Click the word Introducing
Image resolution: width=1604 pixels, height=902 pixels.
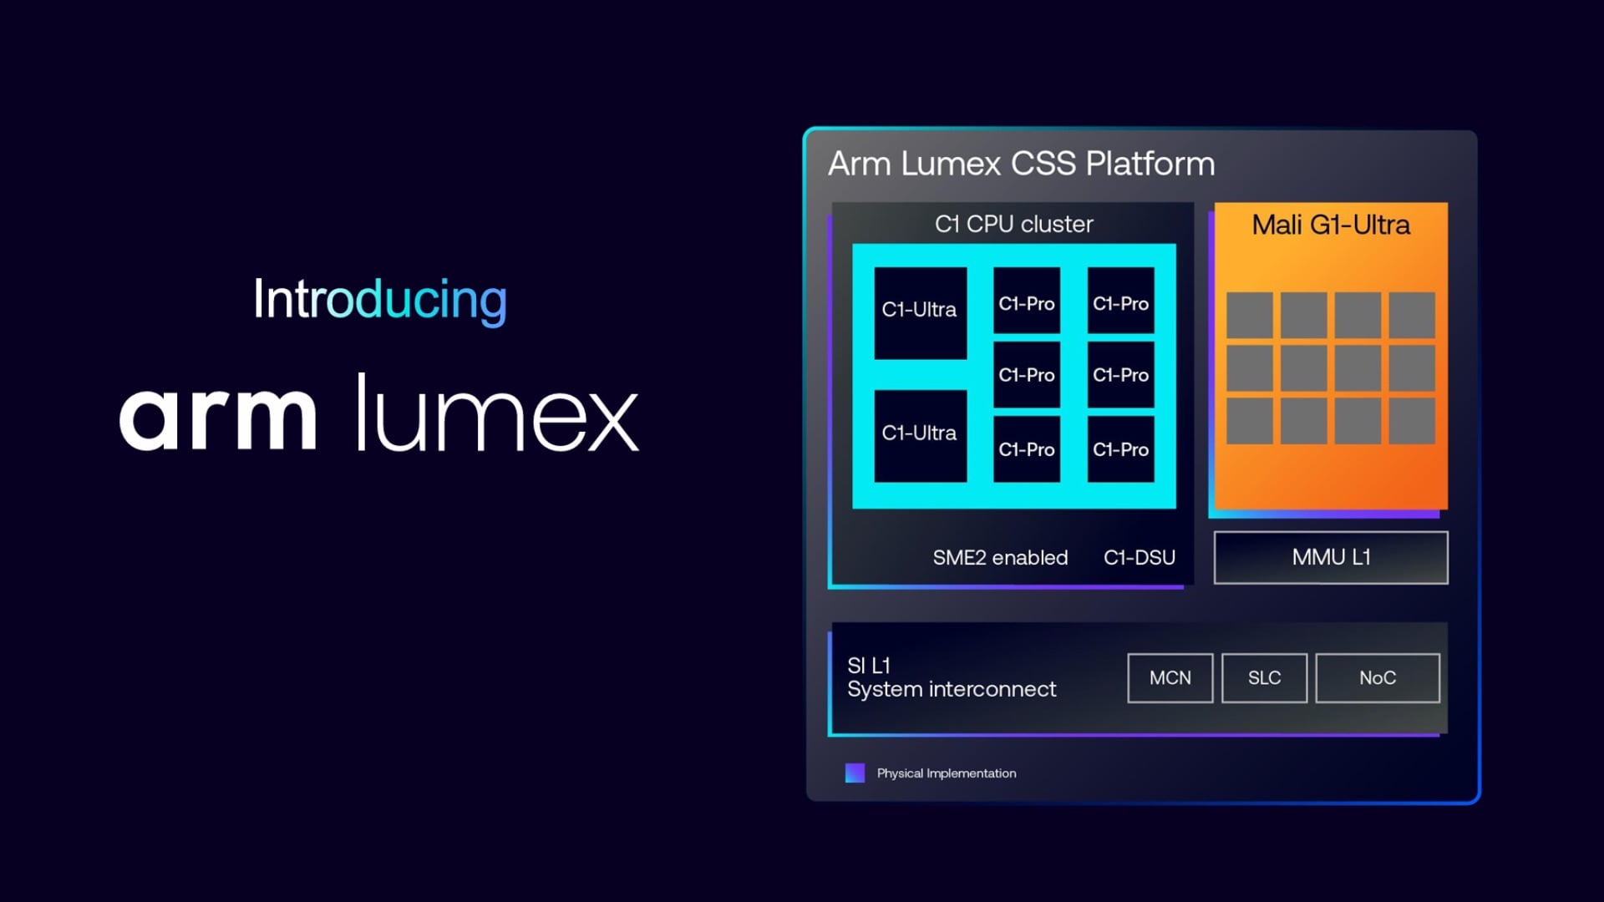380,299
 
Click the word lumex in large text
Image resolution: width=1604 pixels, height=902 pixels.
497,413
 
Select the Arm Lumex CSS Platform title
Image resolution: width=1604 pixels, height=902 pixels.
1021,164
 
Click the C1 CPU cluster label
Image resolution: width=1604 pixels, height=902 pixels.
1013,224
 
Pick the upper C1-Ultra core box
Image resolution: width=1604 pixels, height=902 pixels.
920,312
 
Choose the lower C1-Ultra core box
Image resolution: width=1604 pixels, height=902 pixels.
920,435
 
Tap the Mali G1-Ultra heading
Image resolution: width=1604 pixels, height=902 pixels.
1330,225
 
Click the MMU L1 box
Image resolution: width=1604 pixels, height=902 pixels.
1330,557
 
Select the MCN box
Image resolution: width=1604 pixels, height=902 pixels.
1170,678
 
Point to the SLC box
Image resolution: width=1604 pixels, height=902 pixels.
1264,678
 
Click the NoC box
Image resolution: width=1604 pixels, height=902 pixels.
1377,678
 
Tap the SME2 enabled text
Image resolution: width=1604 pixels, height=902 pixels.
1000,558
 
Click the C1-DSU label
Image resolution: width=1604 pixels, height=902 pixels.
1139,558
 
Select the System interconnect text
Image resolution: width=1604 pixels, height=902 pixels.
952,690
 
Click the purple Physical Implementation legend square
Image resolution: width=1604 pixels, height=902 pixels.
855,773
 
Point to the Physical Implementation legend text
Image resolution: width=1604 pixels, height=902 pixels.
947,773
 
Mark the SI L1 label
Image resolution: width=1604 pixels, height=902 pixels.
869,666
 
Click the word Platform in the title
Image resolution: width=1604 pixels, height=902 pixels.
1150,164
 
